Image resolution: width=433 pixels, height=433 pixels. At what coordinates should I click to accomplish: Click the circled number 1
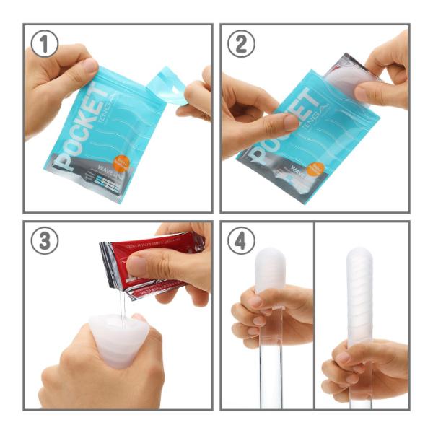click(45, 44)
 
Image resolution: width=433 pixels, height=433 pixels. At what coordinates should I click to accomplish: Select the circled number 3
click(45, 241)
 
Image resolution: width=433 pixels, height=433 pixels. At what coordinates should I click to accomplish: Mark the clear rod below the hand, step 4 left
click(271, 375)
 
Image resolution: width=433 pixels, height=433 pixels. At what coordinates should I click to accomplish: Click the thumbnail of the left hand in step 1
click(89, 66)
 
